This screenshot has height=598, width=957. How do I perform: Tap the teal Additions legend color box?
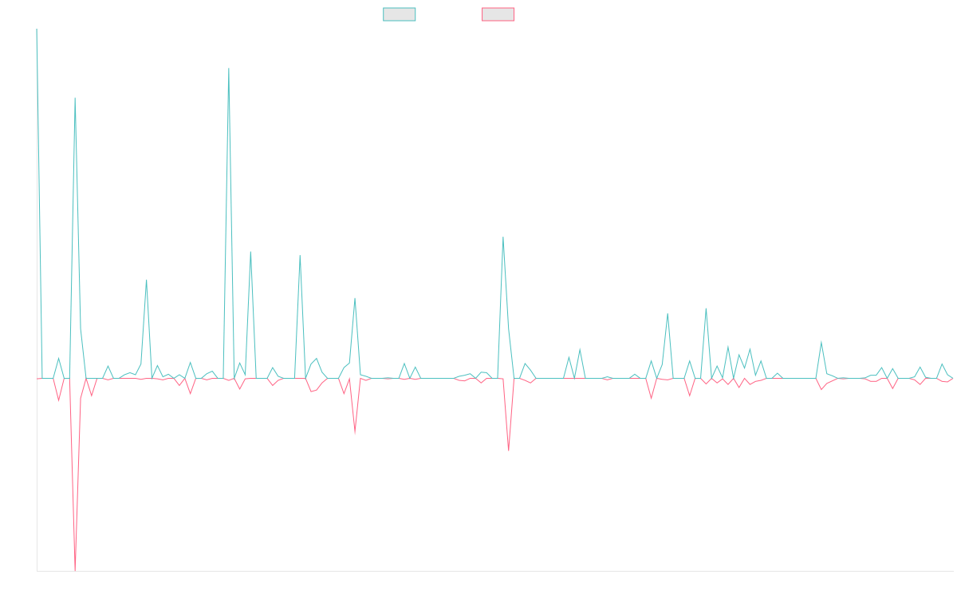click(x=400, y=14)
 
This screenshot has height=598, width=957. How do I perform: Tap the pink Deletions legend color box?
click(x=498, y=14)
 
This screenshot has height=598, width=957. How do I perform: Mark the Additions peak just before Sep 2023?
click(x=229, y=69)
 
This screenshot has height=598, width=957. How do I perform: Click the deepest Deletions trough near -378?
click(x=75, y=569)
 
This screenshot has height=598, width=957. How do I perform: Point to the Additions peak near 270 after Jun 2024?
click(x=503, y=237)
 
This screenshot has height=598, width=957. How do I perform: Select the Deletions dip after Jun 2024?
click(x=509, y=450)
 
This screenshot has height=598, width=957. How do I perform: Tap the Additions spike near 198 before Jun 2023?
click(x=146, y=280)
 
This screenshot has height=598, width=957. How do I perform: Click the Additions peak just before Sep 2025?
click(x=821, y=341)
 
